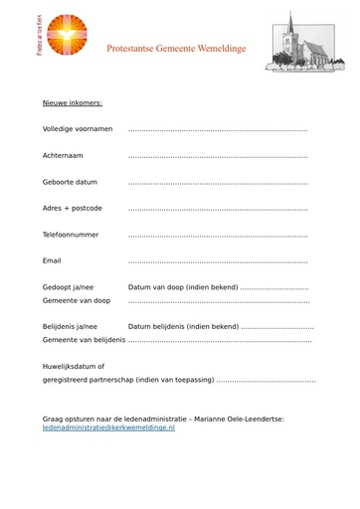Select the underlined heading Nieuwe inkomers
click(x=73, y=102)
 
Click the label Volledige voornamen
click(x=78, y=129)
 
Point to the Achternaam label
click(x=63, y=155)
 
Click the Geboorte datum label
click(x=70, y=182)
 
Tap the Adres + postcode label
click(x=72, y=208)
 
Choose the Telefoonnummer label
click(x=71, y=235)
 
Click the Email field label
click(x=52, y=260)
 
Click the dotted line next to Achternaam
click(x=218, y=156)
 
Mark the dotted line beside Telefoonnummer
click(x=218, y=236)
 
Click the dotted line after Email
click(x=218, y=261)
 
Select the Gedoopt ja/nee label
click(x=68, y=287)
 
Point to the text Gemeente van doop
click(x=76, y=299)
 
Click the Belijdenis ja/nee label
click(x=70, y=326)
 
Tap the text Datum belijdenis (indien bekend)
click(x=184, y=326)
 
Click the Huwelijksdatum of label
click(x=73, y=366)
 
